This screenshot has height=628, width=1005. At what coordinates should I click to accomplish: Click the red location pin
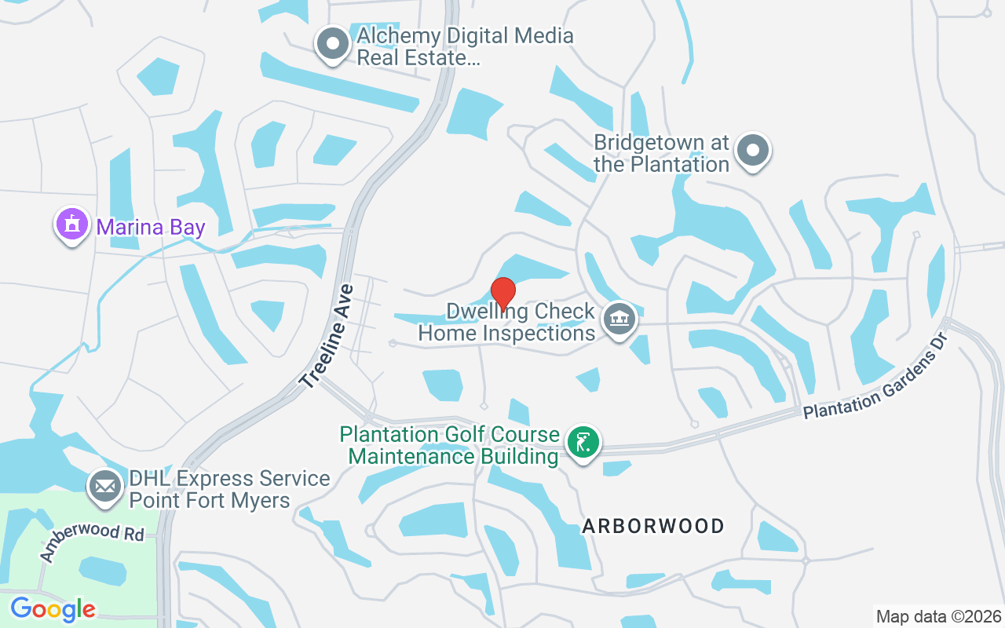pyautogui.click(x=502, y=293)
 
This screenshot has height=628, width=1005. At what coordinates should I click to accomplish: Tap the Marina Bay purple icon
pyautogui.click(x=72, y=225)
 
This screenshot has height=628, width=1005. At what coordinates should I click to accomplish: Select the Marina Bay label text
pyautogui.click(x=151, y=228)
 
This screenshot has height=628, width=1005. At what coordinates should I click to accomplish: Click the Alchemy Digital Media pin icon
pyautogui.click(x=333, y=44)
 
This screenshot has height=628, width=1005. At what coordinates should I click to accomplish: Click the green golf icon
pyautogui.click(x=582, y=443)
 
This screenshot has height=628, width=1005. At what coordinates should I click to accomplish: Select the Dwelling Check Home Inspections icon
pyautogui.click(x=619, y=319)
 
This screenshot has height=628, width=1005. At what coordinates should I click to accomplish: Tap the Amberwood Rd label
pyautogui.click(x=93, y=544)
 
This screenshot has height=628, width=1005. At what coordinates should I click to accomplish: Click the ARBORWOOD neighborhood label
pyautogui.click(x=653, y=526)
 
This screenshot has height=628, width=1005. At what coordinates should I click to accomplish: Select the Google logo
pyautogui.click(x=53, y=608)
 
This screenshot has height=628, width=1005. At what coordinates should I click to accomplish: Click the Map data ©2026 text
pyautogui.click(x=938, y=616)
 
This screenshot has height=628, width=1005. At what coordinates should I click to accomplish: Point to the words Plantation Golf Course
pyautogui.click(x=449, y=434)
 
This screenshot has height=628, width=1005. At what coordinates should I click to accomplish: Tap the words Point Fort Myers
pyautogui.click(x=210, y=500)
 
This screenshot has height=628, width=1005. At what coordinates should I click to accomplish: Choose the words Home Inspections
pyautogui.click(x=506, y=333)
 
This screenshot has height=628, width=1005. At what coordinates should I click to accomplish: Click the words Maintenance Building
pyautogui.click(x=453, y=456)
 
